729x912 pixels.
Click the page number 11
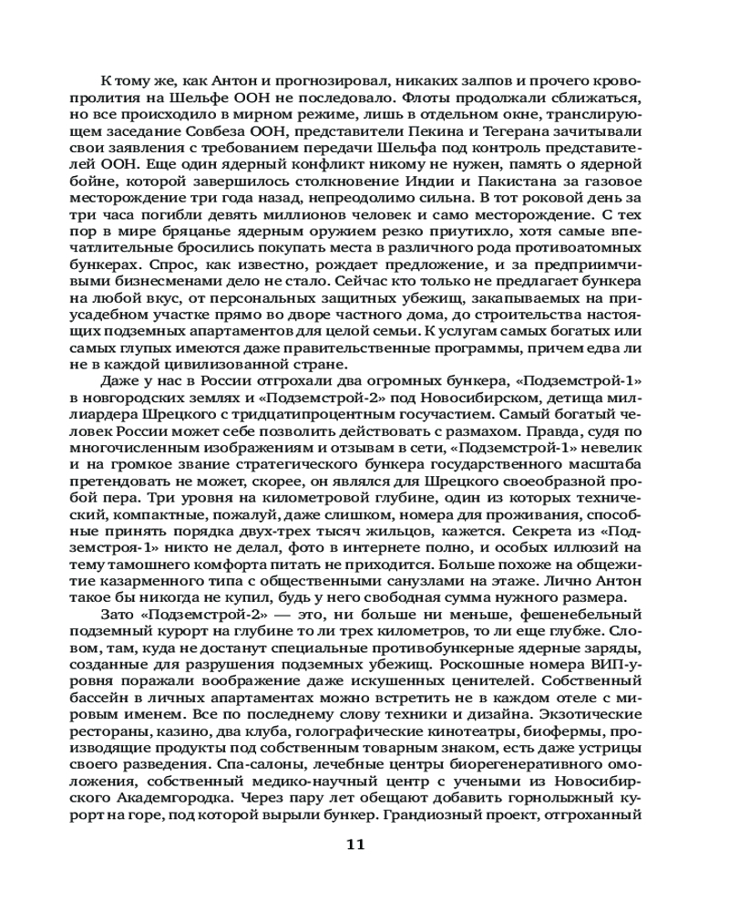click(x=355, y=844)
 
